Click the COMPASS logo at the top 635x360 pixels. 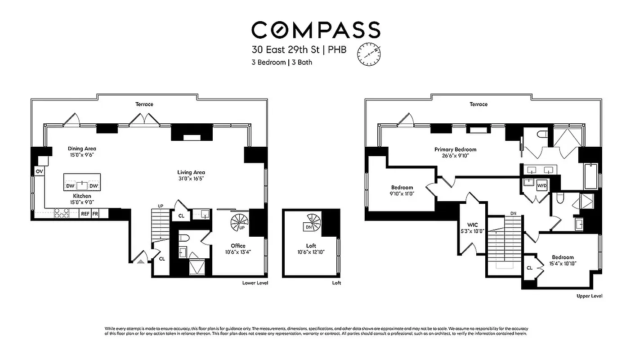pyautogui.click(x=316, y=30)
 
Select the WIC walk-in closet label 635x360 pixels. pyautogui.click(x=472, y=225)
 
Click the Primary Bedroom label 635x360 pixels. pyautogui.click(x=455, y=149)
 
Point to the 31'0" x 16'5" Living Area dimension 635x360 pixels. pyautogui.click(x=191, y=179)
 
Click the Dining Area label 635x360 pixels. pyautogui.click(x=82, y=148)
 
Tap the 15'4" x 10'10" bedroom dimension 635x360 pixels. pyautogui.click(x=563, y=264)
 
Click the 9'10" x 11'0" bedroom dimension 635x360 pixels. pyautogui.click(x=402, y=193)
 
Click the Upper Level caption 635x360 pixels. pyautogui.click(x=589, y=296)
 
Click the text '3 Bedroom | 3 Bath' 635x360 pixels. pyautogui.click(x=282, y=63)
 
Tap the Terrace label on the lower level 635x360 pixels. pyautogui.click(x=144, y=104)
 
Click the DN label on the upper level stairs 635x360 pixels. pyautogui.click(x=513, y=213)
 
